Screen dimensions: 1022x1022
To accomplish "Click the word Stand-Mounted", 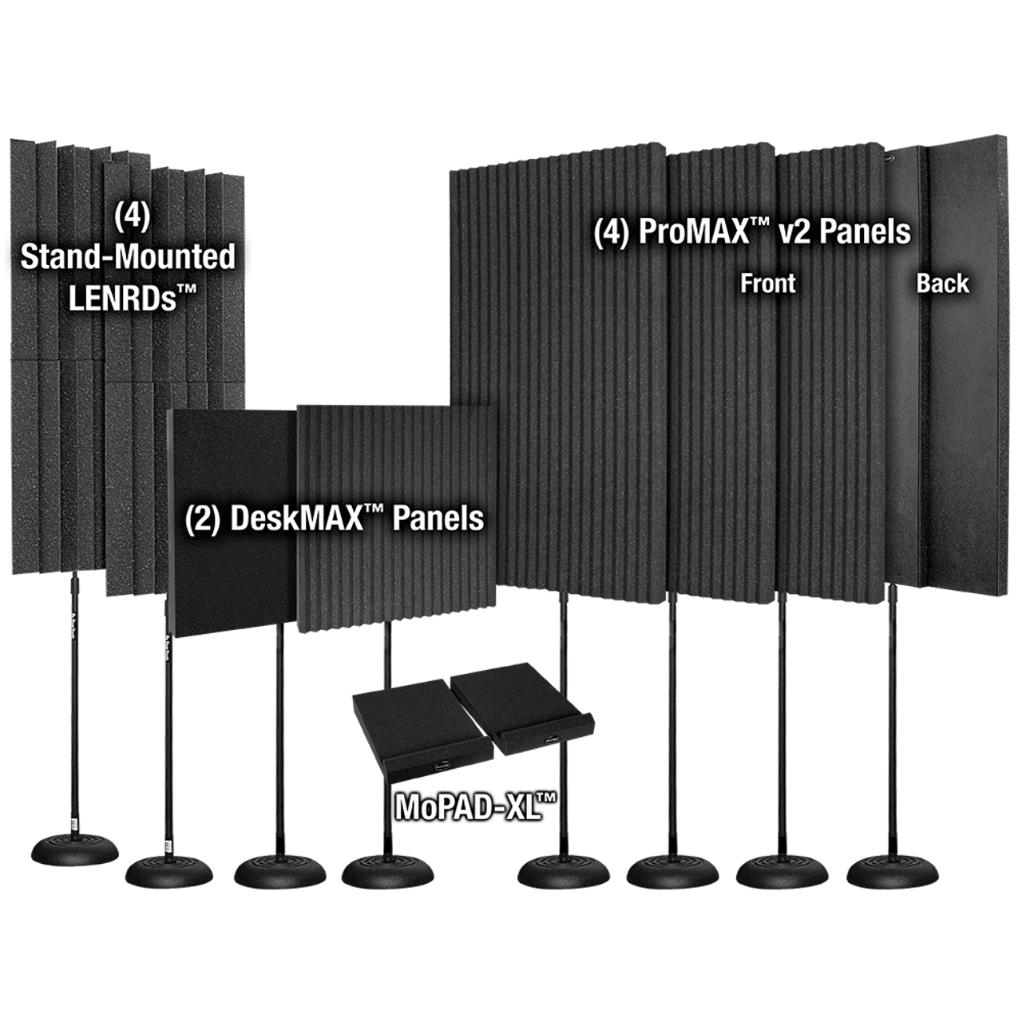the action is (128, 258).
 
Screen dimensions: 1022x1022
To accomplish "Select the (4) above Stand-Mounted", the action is (132, 216).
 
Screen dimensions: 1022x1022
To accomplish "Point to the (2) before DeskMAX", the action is (203, 519).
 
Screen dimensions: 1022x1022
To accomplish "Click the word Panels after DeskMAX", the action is (438, 518).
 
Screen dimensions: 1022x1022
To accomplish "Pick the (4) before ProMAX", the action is (611, 232).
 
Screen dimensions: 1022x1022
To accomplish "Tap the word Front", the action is (767, 283).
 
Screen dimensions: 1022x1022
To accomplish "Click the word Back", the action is (942, 283).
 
